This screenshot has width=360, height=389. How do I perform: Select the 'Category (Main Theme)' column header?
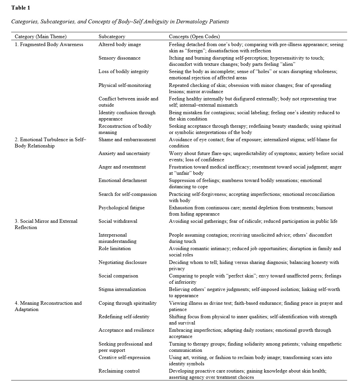click(40, 37)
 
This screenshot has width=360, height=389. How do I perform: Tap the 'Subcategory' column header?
click(112, 37)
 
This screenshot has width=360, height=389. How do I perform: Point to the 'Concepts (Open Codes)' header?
click(194, 37)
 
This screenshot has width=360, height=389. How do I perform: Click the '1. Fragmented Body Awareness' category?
click(49, 44)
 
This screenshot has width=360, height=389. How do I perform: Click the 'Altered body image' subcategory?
click(120, 44)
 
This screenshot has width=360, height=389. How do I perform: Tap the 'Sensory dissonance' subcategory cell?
click(119, 58)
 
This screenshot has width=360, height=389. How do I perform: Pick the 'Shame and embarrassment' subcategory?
click(127, 140)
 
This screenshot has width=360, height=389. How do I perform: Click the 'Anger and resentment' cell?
click(122, 167)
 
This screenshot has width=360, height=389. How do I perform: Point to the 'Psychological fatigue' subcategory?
click(122, 208)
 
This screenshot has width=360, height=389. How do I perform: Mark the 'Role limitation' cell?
click(115, 248)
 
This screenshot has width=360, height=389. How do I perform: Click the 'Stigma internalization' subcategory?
click(122, 289)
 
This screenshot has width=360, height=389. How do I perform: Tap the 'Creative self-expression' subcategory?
click(124, 357)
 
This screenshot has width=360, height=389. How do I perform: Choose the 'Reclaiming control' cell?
click(119, 371)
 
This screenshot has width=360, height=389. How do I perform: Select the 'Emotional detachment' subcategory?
click(123, 180)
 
